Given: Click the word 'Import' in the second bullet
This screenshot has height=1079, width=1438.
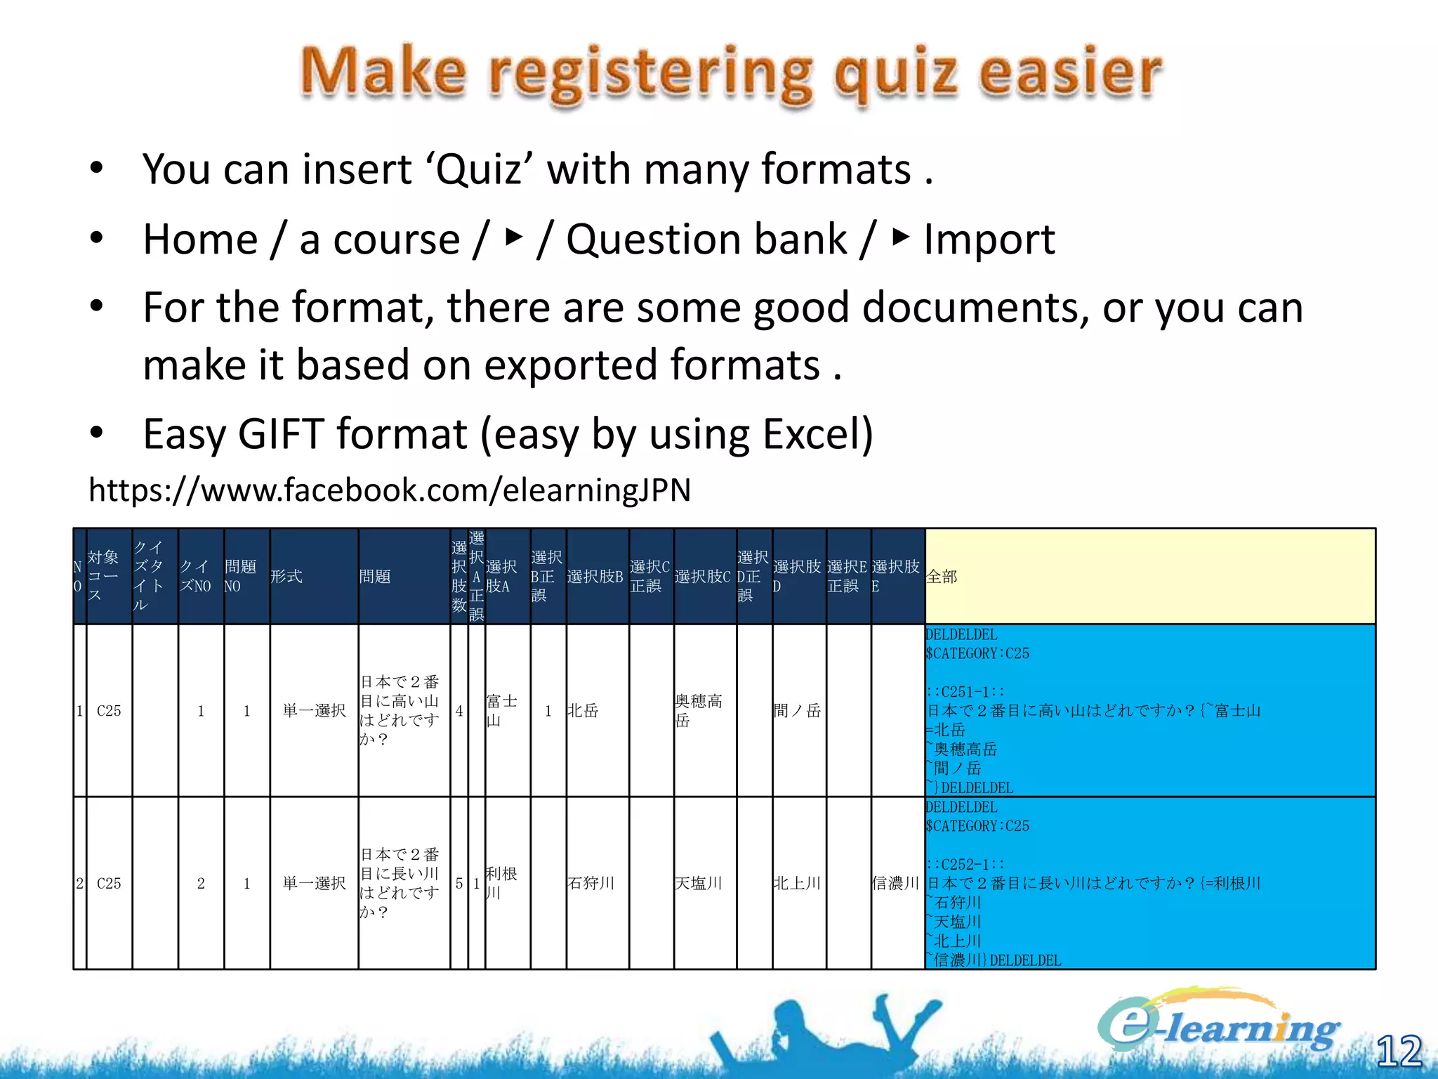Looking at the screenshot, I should click(x=989, y=240).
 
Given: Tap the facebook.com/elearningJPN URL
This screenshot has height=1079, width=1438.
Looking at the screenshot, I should click(x=390, y=490).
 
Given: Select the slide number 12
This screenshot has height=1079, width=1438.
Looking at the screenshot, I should click(x=1399, y=1051).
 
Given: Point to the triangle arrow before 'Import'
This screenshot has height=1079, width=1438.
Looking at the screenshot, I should click(x=901, y=237).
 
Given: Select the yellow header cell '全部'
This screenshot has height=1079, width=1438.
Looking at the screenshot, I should click(x=1149, y=576).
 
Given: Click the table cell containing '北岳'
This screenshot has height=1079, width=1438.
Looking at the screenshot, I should click(x=597, y=710).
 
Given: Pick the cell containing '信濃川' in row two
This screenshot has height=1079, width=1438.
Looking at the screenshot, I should click(x=897, y=883).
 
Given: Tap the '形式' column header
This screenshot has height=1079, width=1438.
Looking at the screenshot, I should click(x=313, y=576).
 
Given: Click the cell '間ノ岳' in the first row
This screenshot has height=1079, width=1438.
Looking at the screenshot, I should click(x=798, y=710).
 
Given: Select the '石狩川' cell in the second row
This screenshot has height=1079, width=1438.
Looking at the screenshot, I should click(x=597, y=883).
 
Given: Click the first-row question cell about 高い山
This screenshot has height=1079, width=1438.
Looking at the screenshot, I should click(x=403, y=710).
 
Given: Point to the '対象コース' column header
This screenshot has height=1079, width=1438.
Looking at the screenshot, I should click(x=108, y=576).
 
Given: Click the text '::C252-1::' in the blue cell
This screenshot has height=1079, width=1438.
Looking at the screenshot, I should click(x=965, y=864).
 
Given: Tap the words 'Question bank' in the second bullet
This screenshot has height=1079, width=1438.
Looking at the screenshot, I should click(x=706, y=240).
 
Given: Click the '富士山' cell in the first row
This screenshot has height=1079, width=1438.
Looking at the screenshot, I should click(x=506, y=710).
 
